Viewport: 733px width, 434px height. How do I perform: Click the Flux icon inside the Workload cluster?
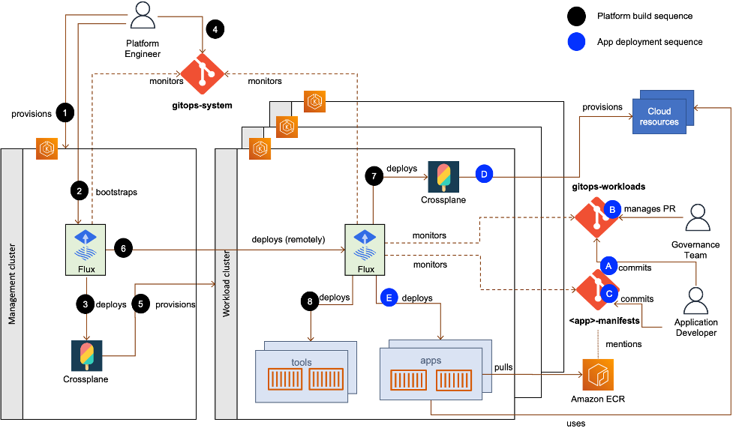pyautogui.click(x=365, y=244)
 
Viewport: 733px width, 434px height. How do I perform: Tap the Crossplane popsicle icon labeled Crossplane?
pyautogui.click(x=443, y=178)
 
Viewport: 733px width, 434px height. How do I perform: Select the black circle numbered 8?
pyautogui.click(x=309, y=301)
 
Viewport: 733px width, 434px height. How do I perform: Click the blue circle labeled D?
pyautogui.click(x=485, y=175)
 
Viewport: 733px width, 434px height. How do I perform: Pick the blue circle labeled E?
pyautogui.click(x=389, y=297)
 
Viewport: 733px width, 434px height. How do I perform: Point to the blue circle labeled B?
pyautogui.click(x=612, y=210)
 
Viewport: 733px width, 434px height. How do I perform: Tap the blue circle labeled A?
pyautogui.click(x=608, y=265)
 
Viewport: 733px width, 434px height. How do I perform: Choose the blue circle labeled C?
pyautogui.click(x=609, y=295)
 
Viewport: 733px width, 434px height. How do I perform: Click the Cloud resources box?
pyautogui.click(x=659, y=116)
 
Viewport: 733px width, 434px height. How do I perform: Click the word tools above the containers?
pyautogui.click(x=302, y=362)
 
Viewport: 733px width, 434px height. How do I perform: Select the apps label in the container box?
pyautogui.click(x=431, y=361)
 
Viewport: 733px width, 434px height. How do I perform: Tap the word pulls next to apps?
pyautogui.click(x=503, y=367)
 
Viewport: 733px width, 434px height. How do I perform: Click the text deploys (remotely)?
pyautogui.click(x=289, y=240)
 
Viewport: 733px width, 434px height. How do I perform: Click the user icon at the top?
pyautogui.click(x=143, y=15)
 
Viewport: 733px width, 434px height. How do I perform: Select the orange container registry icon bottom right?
pyautogui.click(x=598, y=374)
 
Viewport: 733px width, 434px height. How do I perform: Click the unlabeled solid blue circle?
pyautogui.click(x=576, y=42)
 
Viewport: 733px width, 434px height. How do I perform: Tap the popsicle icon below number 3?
pyautogui.click(x=87, y=355)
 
